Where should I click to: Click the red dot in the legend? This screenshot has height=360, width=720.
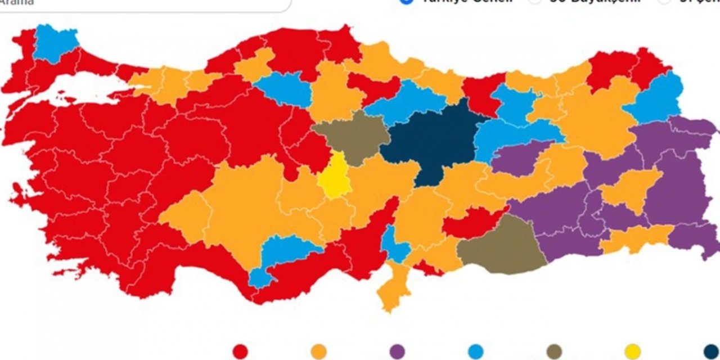coord(240,352)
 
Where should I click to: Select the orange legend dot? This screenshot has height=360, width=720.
coord(318,352)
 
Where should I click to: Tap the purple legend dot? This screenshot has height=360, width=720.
coord(397,352)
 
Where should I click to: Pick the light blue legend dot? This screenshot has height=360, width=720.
coord(475,352)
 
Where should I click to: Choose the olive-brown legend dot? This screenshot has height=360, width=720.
coord(554,352)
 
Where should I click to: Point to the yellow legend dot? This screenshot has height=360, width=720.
coord(632,352)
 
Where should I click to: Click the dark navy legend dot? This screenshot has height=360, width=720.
coord(711,352)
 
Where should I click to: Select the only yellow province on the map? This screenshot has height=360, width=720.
coord(335,177)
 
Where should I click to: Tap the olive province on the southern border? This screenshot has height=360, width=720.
coord(501,245)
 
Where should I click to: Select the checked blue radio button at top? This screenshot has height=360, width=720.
coord(406,2)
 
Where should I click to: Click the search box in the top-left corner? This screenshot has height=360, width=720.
coord(141,3)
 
